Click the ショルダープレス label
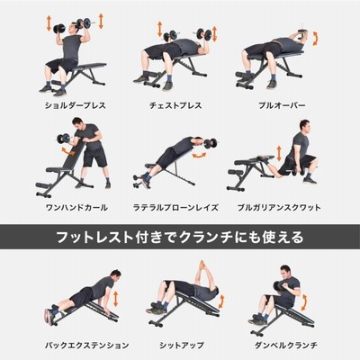coord(76,105)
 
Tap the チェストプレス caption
coord(175,105)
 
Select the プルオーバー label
coord(282,105)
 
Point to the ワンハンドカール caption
coord(76,207)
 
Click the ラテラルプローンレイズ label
coord(175,207)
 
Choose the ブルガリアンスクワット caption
coord(279,207)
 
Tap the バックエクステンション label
coord(87,345)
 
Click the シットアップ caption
coord(182,345)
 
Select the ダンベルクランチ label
coord(285,345)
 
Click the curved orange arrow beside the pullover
coord(315,38)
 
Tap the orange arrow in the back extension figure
coord(115,299)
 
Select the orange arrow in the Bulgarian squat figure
coord(279,154)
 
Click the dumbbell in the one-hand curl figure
coord(64,139)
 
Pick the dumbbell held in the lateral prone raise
coord(210,143)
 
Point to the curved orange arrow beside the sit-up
coord(221,301)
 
